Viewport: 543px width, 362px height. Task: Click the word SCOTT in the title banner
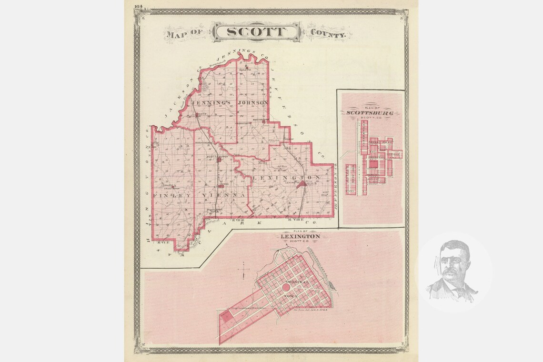tap(256, 32)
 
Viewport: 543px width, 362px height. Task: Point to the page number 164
tap(138, 6)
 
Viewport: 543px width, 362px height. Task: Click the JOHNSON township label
tap(253, 102)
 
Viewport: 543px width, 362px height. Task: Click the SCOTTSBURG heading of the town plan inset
tap(370, 113)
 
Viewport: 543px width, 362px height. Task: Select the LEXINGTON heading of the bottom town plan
tap(300, 236)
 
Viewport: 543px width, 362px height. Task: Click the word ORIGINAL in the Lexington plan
tap(296, 282)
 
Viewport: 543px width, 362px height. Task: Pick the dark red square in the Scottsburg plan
tap(374, 164)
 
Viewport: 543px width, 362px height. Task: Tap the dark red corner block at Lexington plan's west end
tap(226, 316)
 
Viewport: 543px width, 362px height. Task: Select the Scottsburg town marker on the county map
tap(219, 161)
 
